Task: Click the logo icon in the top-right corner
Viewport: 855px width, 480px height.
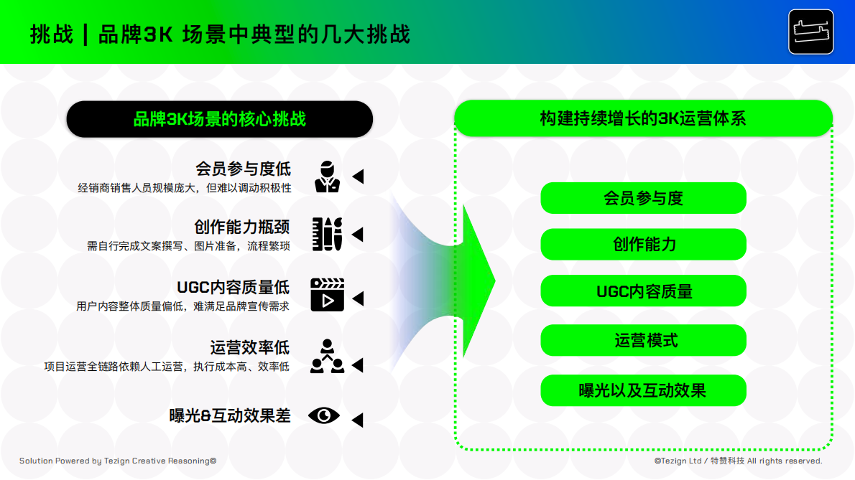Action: [810, 32]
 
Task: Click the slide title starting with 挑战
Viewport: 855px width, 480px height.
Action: [220, 34]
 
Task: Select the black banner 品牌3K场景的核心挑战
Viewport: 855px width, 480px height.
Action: [219, 119]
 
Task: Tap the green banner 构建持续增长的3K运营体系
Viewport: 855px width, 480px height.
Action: [643, 118]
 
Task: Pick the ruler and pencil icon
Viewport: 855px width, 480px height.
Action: [327, 234]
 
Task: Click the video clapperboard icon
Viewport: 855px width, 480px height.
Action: [327, 294]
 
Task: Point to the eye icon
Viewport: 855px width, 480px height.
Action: [324, 415]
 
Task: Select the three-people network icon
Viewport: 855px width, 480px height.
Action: [327, 356]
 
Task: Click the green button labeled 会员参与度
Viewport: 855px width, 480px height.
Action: [643, 198]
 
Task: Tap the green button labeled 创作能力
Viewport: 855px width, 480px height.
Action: [643, 244]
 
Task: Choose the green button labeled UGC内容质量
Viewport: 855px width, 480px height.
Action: [643, 291]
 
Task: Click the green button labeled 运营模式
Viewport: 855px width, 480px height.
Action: [643, 340]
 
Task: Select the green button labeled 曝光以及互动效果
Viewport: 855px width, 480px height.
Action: [643, 390]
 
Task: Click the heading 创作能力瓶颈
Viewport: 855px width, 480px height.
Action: [241, 227]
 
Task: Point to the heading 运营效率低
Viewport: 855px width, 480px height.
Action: [249, 348]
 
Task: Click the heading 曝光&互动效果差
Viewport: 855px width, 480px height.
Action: [230, 415]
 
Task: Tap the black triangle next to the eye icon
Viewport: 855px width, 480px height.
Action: [357, 420]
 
